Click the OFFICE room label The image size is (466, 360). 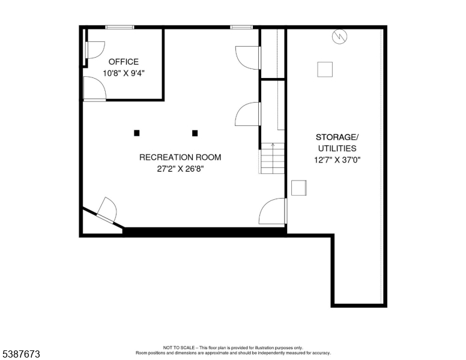tap(123, 62)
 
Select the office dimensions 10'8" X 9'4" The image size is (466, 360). tap(123, 73)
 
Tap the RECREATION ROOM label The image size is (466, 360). tap(180, 158)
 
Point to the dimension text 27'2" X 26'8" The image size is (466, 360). tap(180, 169)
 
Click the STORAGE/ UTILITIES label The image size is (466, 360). tap(336, 142)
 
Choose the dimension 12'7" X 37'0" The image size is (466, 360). tap(336, 160)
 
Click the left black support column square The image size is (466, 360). tap(137, 133)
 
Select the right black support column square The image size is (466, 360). tap(195, 133)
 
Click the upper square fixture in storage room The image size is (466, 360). tap(325, 69)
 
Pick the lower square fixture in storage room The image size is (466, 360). tap(298, 188)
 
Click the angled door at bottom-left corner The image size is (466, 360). tap(106, 210)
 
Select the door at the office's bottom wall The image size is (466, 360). tap(95, 90)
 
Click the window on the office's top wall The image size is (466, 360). tap(120, 27)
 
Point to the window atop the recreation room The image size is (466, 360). tap(241, 27)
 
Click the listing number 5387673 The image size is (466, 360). tap(21, 355)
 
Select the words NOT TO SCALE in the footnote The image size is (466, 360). tap(179, 347)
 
